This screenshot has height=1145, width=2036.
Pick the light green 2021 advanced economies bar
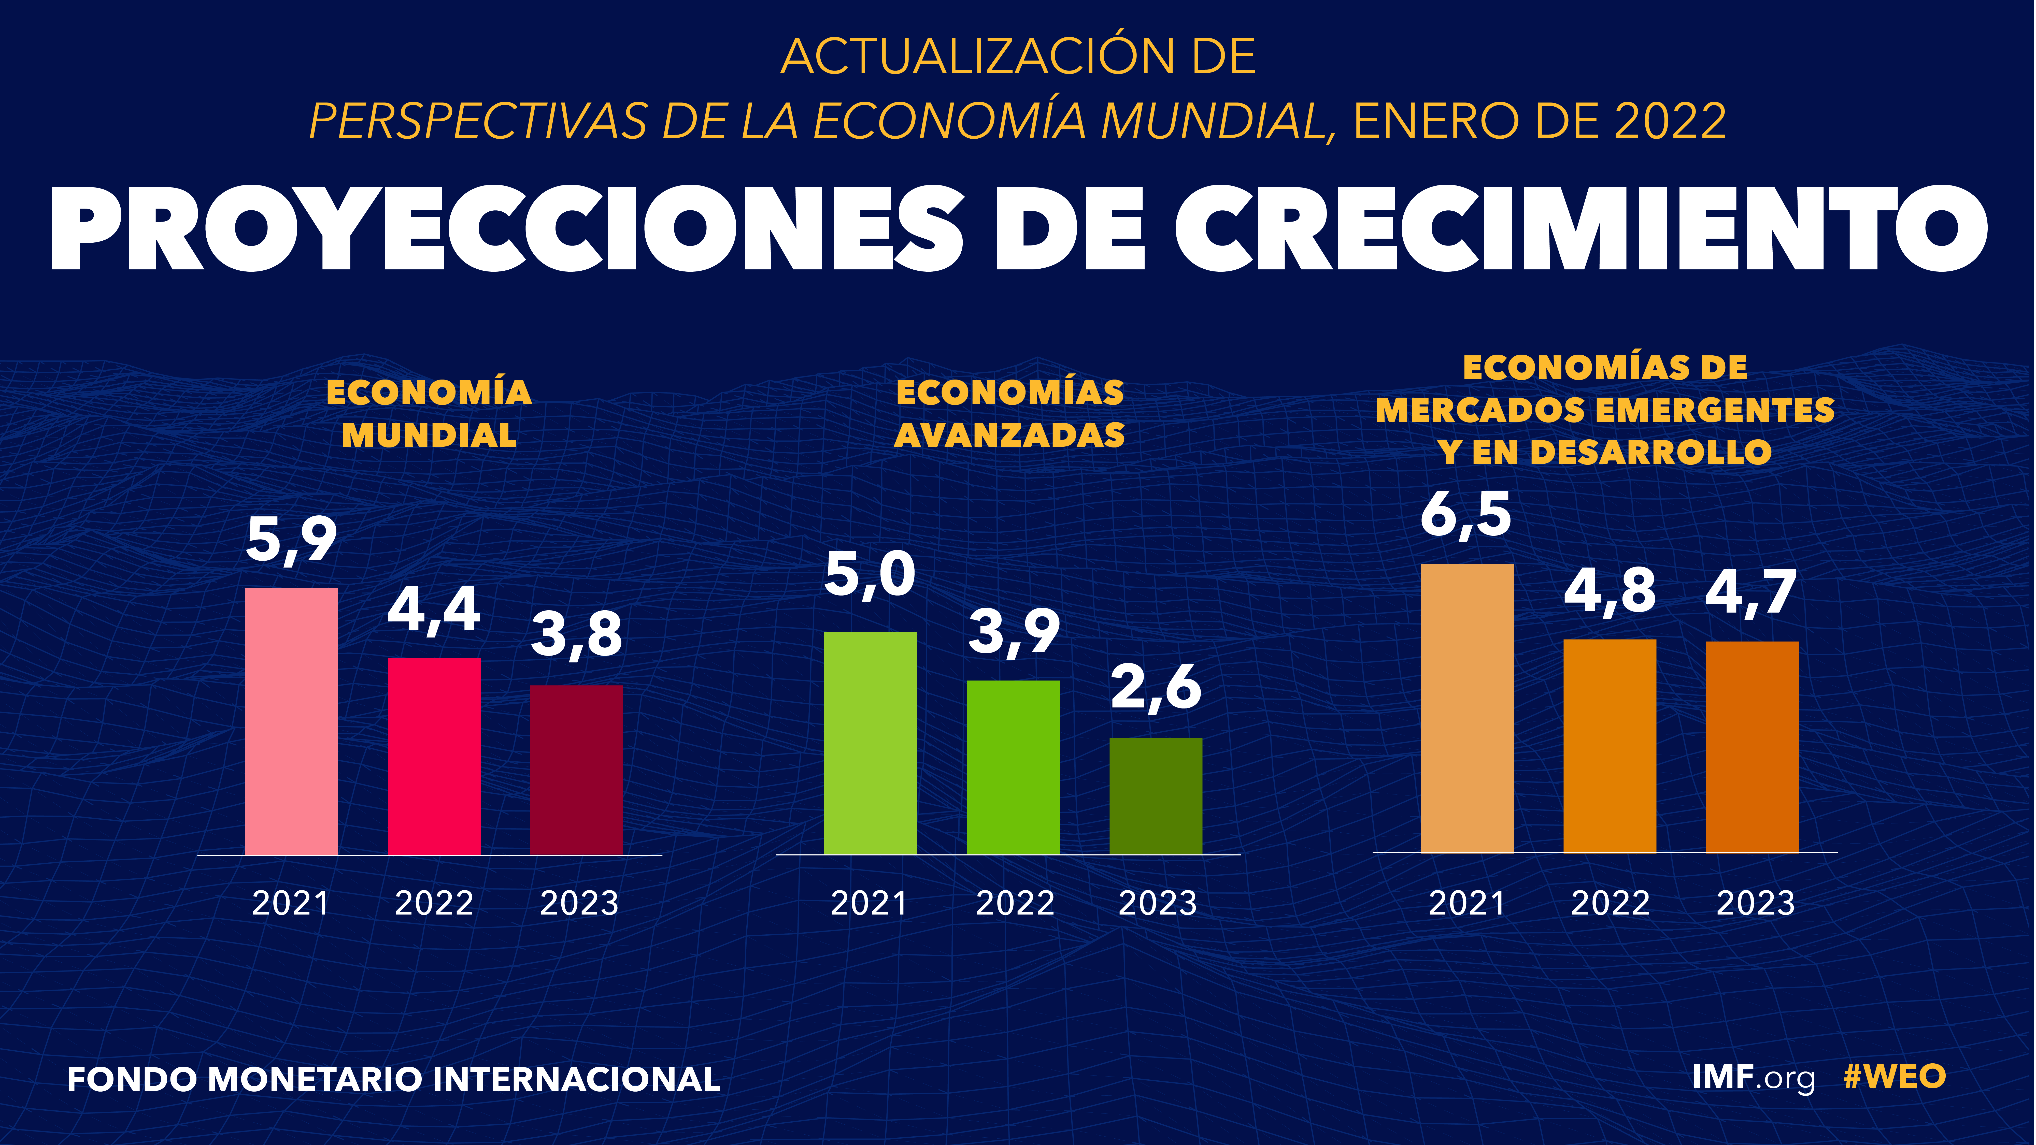point(870,743)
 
